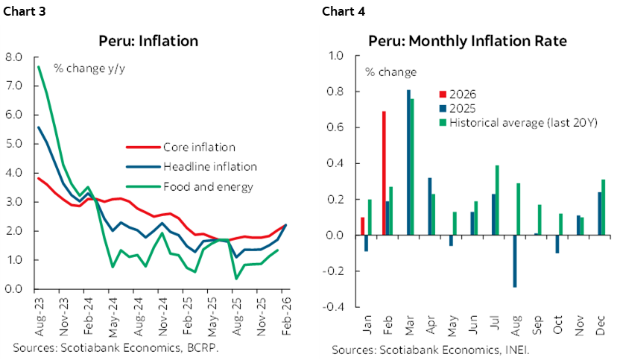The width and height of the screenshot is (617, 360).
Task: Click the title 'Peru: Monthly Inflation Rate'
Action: tap(462, 40)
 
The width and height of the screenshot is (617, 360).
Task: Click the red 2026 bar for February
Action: tap(384, 173)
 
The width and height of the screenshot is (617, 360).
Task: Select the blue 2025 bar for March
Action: tap(408, 162)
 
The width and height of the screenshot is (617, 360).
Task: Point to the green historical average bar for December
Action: tap(603, 207)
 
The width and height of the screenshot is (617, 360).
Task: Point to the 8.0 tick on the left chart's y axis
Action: tap(14, 57)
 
